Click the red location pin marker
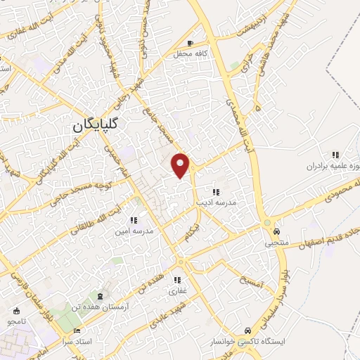[181, 165]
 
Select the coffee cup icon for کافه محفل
[191, 41]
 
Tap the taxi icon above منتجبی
[277, 231]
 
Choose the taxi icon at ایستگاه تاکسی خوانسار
[247, 330]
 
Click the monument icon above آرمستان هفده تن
[99, 296]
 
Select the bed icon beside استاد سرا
[77, 331]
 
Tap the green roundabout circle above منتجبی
[266, 224]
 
